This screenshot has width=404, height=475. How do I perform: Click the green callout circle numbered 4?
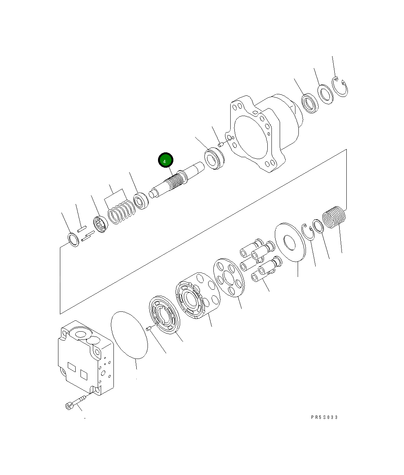(165, 160)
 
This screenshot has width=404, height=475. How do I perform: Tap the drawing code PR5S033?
(324, 417)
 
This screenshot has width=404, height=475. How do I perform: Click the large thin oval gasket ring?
(129, 335)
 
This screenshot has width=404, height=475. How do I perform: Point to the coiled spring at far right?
(334, 217)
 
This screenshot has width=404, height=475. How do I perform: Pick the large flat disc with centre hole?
(290, 242)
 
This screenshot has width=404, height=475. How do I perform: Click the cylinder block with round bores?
(198, 296)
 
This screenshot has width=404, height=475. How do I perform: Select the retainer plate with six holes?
(229, 278)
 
